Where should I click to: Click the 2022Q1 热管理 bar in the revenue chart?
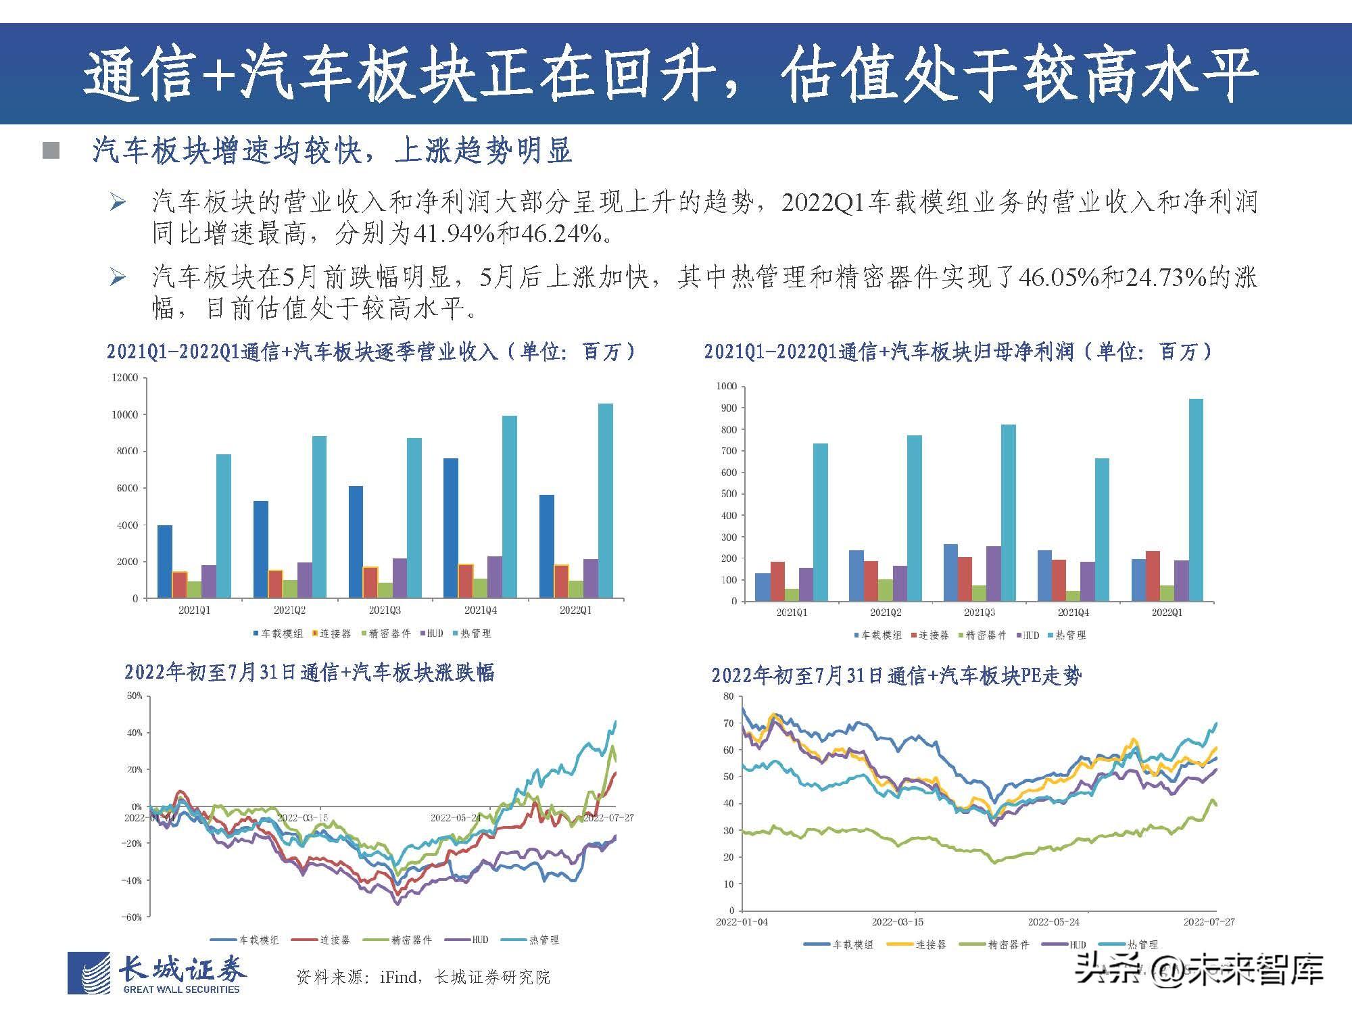point(606,501)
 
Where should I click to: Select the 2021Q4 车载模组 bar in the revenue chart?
point(451,528)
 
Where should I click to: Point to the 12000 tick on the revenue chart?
point(125,378)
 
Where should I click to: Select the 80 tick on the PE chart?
point(728,696)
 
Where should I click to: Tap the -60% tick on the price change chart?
point(132,917)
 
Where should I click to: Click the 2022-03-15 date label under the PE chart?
point(897,922)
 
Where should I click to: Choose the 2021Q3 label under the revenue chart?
point(385,610)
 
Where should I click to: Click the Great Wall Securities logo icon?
point(89,973)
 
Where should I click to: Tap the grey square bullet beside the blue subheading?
point(51,151)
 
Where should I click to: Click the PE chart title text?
point(896,675)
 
